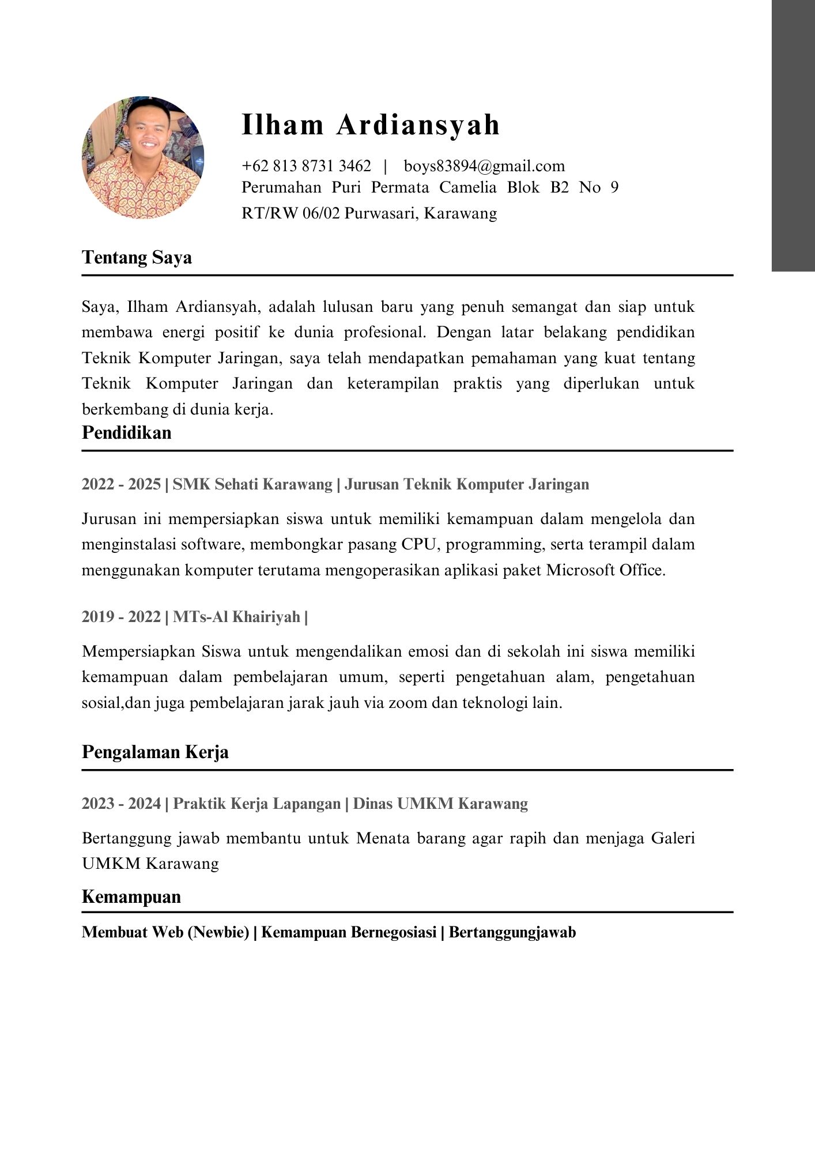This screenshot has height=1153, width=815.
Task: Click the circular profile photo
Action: (x=143, y=157)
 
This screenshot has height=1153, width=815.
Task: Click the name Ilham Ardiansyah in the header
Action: (x=371, y=125)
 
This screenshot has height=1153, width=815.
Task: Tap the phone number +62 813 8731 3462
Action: (x=306, y=166)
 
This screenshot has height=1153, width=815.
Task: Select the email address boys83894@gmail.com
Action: (x=484, y=166)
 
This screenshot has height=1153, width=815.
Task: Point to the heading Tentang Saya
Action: (x=137, y=257)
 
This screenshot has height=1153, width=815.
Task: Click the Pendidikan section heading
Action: (x=127, y=432)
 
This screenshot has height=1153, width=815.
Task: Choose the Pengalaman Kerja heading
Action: (x=155, y=752)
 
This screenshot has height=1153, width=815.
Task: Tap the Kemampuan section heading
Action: (x=131, y=896)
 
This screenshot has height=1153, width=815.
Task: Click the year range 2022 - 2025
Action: (x=121, y=484)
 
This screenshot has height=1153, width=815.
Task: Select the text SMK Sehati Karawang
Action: (x=252, y=484)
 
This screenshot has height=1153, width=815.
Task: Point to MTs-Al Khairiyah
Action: (x=236, y=617)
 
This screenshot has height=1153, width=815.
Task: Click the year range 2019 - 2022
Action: (x=121, y=617)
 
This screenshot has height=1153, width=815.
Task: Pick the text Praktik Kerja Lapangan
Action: (x=256, y=803)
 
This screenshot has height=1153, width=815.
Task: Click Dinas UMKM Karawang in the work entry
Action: (x=440, y=803)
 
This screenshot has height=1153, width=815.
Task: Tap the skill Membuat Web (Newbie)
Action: (x=165, y=932)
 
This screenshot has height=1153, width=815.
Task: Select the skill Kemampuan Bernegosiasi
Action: (x=349, y=932)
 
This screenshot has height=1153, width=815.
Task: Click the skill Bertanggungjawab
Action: (x=512, y=932)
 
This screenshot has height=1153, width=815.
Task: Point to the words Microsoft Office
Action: (x=605, y=570)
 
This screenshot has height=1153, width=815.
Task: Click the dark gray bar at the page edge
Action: (x=793, y=135)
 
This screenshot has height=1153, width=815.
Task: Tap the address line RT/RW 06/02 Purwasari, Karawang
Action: (x=369, y=213)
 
